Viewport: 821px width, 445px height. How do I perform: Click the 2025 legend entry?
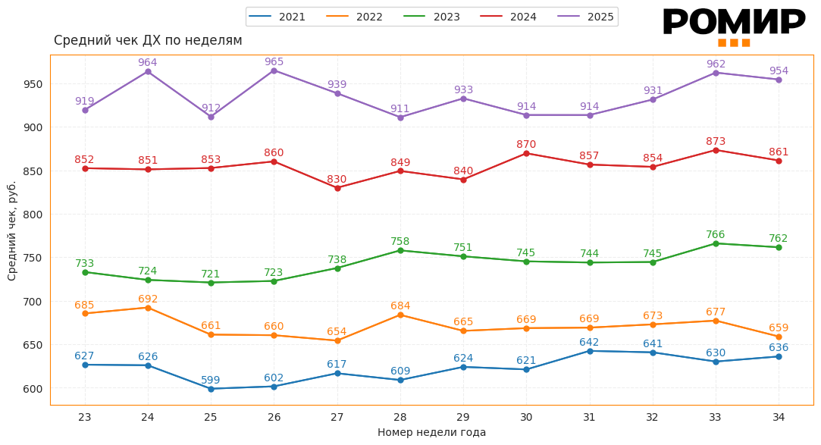[x=586, y=17]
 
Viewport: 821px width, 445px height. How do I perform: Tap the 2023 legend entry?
[x=431, y=17]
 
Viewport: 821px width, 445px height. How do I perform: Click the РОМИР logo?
[x=733, y=26]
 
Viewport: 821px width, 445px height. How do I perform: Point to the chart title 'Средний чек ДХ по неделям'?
[x=148, y=40]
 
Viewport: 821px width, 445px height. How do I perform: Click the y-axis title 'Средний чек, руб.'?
[x=12, y=230]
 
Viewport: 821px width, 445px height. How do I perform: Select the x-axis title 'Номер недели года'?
[x=431, y=432]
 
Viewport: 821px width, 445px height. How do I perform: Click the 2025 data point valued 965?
[x=274, y=71]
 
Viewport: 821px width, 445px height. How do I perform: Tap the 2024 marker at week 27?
[x=337, y=188]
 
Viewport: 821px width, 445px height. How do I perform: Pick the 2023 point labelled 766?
[x=716, y=243]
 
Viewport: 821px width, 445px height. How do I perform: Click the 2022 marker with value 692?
[x=148, y=308]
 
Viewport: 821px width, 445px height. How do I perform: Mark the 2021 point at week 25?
[x=211, y=389]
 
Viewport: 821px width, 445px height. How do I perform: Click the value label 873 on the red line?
[x=716, y=141]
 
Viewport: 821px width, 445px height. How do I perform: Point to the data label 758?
[x=400, y=242]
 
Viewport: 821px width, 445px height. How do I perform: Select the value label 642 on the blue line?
[x=589, y=342]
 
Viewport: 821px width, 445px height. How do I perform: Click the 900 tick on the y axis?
[x=34, y=127]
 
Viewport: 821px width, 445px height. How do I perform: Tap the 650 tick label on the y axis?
[x=34, y=345]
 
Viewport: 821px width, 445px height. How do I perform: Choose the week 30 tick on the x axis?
[x=526, y=417]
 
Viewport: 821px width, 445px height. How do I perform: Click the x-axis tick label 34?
[x=779, y=417]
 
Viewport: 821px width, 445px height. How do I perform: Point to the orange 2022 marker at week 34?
[x=779, y=337]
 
